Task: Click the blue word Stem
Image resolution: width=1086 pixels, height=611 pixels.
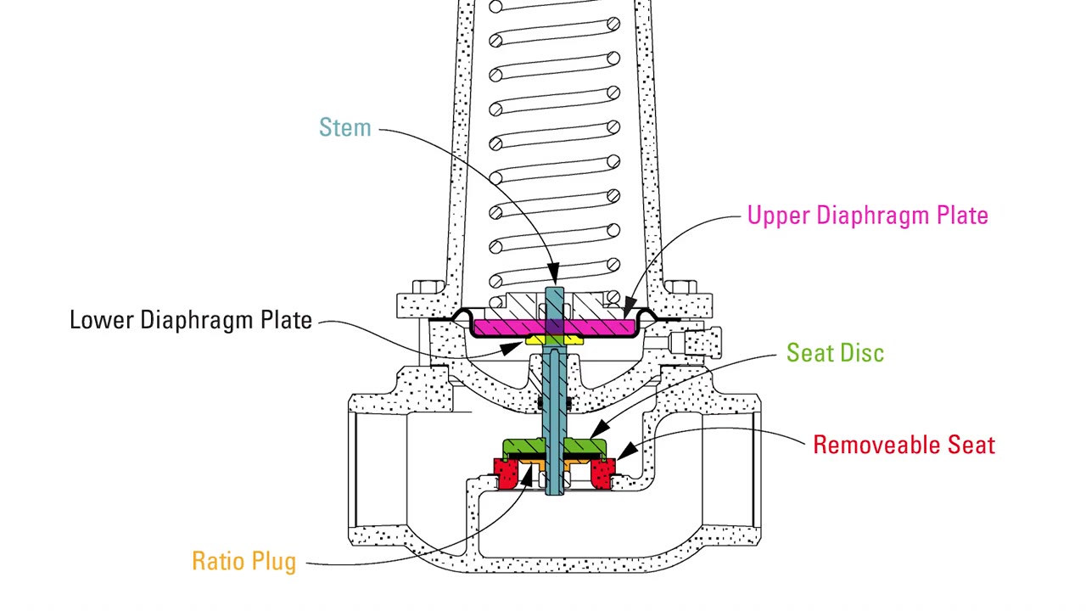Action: [x=344, y=127]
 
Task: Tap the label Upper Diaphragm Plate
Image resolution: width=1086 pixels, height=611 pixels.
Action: [x=867, y=216]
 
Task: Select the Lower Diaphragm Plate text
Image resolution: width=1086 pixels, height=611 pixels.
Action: [x=191, y=320]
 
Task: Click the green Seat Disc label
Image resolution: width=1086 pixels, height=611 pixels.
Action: [x=835, y=352]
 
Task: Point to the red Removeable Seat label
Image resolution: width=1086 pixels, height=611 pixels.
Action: [x=904, y=445]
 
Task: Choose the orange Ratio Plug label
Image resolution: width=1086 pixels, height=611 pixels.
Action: [x=244, y=561]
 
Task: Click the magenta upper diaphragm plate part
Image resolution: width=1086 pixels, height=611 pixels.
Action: [x=554, y=328]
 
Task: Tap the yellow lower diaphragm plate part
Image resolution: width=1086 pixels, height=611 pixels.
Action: [x=554, y=339]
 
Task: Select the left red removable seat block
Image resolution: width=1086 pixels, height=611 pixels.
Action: [x=507, y=474]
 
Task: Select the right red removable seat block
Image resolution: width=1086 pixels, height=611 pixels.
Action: [x=602, y=474]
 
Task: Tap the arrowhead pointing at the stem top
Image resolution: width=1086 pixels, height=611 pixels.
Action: [x=553, y=274]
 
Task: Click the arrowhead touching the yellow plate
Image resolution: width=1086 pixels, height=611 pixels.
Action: [x=512, y=348]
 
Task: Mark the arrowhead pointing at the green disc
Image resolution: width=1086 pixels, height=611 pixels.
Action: [x=599, y=429]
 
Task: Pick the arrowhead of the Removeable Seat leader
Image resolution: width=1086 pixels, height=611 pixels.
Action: [x=626, y=451]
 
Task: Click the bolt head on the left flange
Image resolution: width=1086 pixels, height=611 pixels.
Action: [x=428, y=287]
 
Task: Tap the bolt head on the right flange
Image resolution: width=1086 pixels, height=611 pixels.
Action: [x=680, y=287]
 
